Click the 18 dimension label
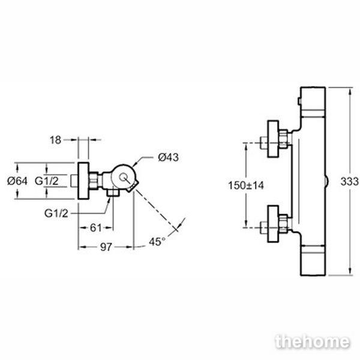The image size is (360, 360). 55,140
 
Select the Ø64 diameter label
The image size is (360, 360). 17,181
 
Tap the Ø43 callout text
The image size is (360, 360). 168,157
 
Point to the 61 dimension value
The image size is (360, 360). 95,228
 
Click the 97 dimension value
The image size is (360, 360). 106,247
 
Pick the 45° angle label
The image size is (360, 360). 157,242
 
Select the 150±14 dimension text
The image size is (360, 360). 246,185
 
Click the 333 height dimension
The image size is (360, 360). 349,181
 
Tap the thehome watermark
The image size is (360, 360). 313,342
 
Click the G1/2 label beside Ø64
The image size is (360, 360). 47,181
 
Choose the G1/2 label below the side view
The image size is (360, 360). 56,214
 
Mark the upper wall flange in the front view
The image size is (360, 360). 273,139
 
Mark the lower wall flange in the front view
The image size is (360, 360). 273,224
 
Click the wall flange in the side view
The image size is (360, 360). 83,181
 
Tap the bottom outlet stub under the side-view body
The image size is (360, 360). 113,192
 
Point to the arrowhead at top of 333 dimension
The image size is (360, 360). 350,91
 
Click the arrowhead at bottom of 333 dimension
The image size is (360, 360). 350,271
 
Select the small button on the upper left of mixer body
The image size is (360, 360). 299,101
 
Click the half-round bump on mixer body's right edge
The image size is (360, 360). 327,181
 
